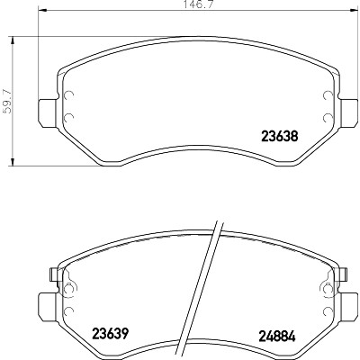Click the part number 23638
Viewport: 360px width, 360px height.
pyautogui.click(x=280, y=137)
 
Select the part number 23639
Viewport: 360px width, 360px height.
pyautogui.click(x=111, y=333)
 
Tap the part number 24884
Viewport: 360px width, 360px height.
pyautogui.click(x=277, y=336)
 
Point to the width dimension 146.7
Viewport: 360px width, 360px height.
pyautogui.click(x=198, y=5)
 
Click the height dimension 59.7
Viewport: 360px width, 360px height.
pyautogui.click(x=7, y=101)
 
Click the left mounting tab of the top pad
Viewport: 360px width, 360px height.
pyautogui.click(x=48, y=113)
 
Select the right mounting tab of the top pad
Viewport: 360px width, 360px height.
pyautogui.click(x=349, y=113)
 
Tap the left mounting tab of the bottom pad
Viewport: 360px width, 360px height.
pyautogui.click(x=48, y=307)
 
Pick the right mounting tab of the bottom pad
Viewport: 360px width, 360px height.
pyautogui.click(x=349, y=307)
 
